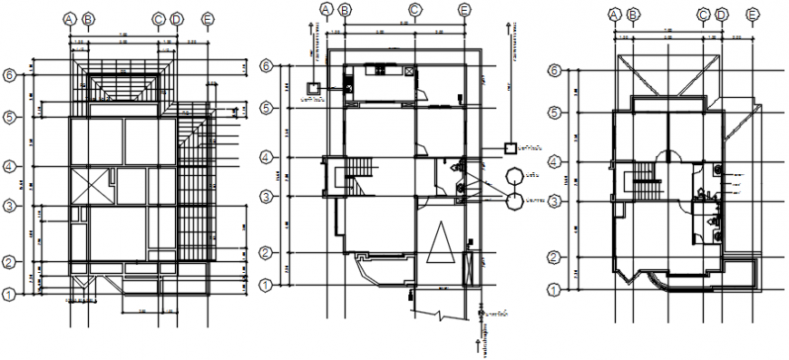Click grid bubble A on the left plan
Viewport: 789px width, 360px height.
pyautogui.click(x=70, y=18)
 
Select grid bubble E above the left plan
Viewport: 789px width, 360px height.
pyautogui.click(x=208, y=18)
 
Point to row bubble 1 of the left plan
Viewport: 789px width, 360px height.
pyautogui.click(x=10, y=294)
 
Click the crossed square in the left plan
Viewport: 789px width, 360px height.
pyautogui.click(x=91, y=186)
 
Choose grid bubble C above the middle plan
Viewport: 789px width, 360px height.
pyautogui.click(x=414, y=10)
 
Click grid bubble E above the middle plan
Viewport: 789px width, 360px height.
pyautogui.click(x=464, y=10)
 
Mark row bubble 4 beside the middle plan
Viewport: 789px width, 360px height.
pyautogui.click(x=266, y=158)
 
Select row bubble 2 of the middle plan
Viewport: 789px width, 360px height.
pyautogui.click(x=266, y=252)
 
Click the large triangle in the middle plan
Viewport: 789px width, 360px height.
pyautogui.click(x=442, y=245)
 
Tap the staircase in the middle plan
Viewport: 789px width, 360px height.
pyautogui.click(x=360, y=170)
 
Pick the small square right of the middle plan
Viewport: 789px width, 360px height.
pyautogui.click(x=510, y=147)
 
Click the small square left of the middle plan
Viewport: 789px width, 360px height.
pyautogui.click(x=314, y=88)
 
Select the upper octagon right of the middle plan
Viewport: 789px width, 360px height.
pyautogui.click(x=513, y=175)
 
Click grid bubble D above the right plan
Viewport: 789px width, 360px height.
pyautogui.click(x=722, y=14)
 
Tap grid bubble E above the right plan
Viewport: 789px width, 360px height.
pyautogui.click(x=752, y=14)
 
